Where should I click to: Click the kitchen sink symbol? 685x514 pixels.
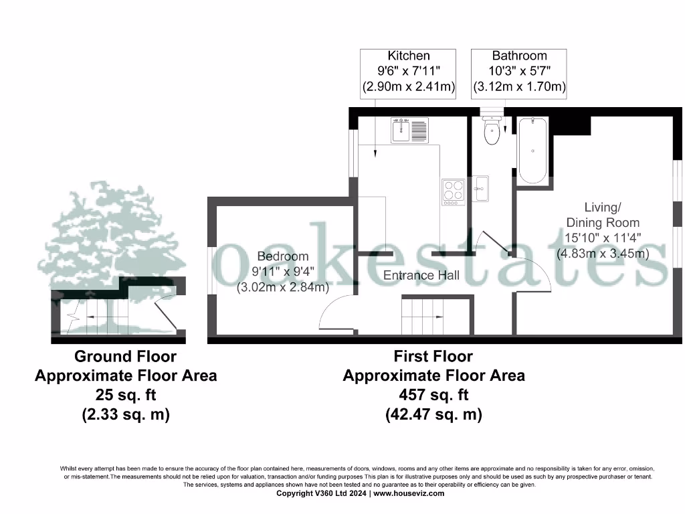tap(409, 129)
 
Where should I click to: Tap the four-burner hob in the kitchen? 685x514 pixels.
tap(453, 191)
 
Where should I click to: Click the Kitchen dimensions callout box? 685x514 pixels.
tap(408, 71)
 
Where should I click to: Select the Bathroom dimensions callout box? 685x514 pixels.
tap(519, 71)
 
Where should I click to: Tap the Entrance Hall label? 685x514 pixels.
tap(421, 275)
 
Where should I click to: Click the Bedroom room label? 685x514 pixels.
tap(283, 256)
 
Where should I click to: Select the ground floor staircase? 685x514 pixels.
tap(97, 316)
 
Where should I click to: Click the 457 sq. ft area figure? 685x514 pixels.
tap(433, 395)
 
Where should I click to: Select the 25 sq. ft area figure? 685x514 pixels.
tap(125, 395)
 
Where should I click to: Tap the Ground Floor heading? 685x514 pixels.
tap(125, 357)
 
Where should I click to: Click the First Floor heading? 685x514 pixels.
tap(433, 357)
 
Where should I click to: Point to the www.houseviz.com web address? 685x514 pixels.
tap(408, 493)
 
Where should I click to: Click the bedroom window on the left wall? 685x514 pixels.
tap(211, 270)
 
